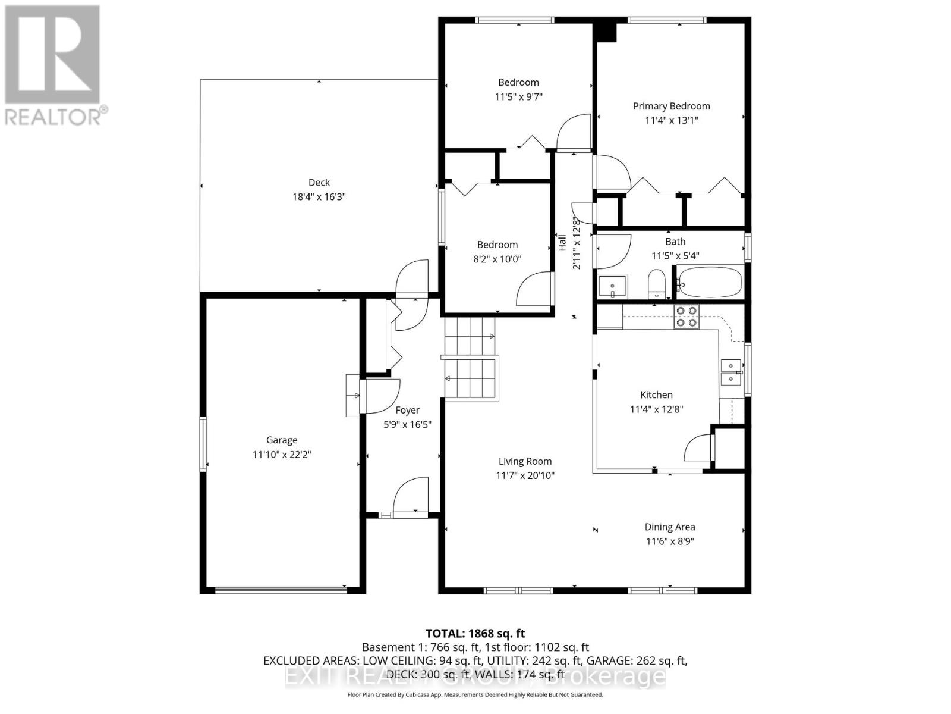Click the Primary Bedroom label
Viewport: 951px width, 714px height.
coord(671,106)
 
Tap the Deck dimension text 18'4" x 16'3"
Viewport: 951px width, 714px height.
coord(319,197)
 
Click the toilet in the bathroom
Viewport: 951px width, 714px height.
coord(656,284)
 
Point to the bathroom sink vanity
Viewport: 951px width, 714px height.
coord(613,287)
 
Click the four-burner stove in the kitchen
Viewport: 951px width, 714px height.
coord(687,317)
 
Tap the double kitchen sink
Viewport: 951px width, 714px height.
coord(731,372)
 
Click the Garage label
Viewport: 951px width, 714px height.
coord(282,440)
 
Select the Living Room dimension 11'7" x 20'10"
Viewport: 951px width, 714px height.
coord(525,475)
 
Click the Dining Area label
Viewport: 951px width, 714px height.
coord(670,527)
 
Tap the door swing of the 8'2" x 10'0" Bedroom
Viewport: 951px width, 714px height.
coord(536,289)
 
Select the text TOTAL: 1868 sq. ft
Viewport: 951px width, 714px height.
coord(475,634)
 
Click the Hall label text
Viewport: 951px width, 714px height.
coord(562,242)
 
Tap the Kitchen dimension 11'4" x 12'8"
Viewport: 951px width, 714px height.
coord(656,409)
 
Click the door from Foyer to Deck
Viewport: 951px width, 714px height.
coord(411,278)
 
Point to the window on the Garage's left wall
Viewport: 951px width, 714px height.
coord(203,444)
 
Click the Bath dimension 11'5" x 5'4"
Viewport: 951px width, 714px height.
coord(675,256)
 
